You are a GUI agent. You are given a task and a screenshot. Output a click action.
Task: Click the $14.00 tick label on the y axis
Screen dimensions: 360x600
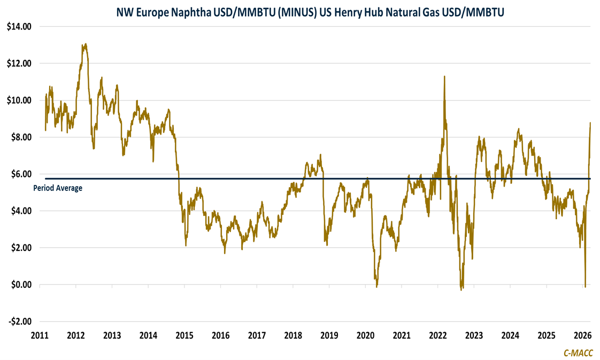(19, 26)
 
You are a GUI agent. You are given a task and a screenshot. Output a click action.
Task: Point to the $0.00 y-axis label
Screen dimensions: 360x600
(20, 285)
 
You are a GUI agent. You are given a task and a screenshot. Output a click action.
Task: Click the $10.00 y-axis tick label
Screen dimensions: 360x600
(19, 100)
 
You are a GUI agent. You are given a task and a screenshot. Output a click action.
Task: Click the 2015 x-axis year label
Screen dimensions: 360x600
(184, 336)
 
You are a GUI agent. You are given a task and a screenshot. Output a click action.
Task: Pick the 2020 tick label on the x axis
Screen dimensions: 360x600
(365, 336)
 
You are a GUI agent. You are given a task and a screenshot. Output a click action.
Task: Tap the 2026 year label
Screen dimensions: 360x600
(582, 336)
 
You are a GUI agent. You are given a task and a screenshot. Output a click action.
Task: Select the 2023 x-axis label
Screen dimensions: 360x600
(474, 336)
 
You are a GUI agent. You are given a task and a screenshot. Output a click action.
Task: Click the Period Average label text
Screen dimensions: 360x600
(58, 188)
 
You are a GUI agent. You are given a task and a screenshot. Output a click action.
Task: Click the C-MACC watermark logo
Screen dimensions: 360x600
(578, 353)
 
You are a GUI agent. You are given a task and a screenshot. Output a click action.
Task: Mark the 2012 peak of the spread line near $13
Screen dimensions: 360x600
(85, 44)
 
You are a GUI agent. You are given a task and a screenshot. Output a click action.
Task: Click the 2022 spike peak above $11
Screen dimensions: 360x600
(444, 76)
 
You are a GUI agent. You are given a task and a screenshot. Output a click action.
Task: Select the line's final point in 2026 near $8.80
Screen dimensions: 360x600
(590, 122)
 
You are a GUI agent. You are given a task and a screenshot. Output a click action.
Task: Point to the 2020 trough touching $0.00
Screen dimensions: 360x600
(376, 287)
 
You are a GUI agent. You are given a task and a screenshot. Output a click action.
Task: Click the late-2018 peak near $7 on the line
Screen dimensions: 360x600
(320, 155)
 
